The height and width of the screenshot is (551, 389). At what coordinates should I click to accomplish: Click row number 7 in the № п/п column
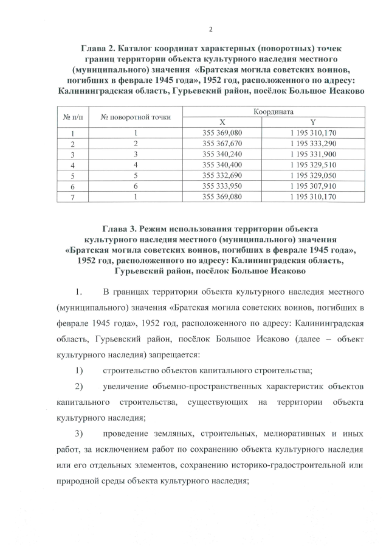pyautogui.click(x=72, y=197)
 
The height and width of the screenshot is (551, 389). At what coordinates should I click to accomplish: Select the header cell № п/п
pyautogui.click(x=72, y=116)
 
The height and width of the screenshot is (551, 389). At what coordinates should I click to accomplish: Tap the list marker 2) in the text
pyautogui.click(x=79, y=387)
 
